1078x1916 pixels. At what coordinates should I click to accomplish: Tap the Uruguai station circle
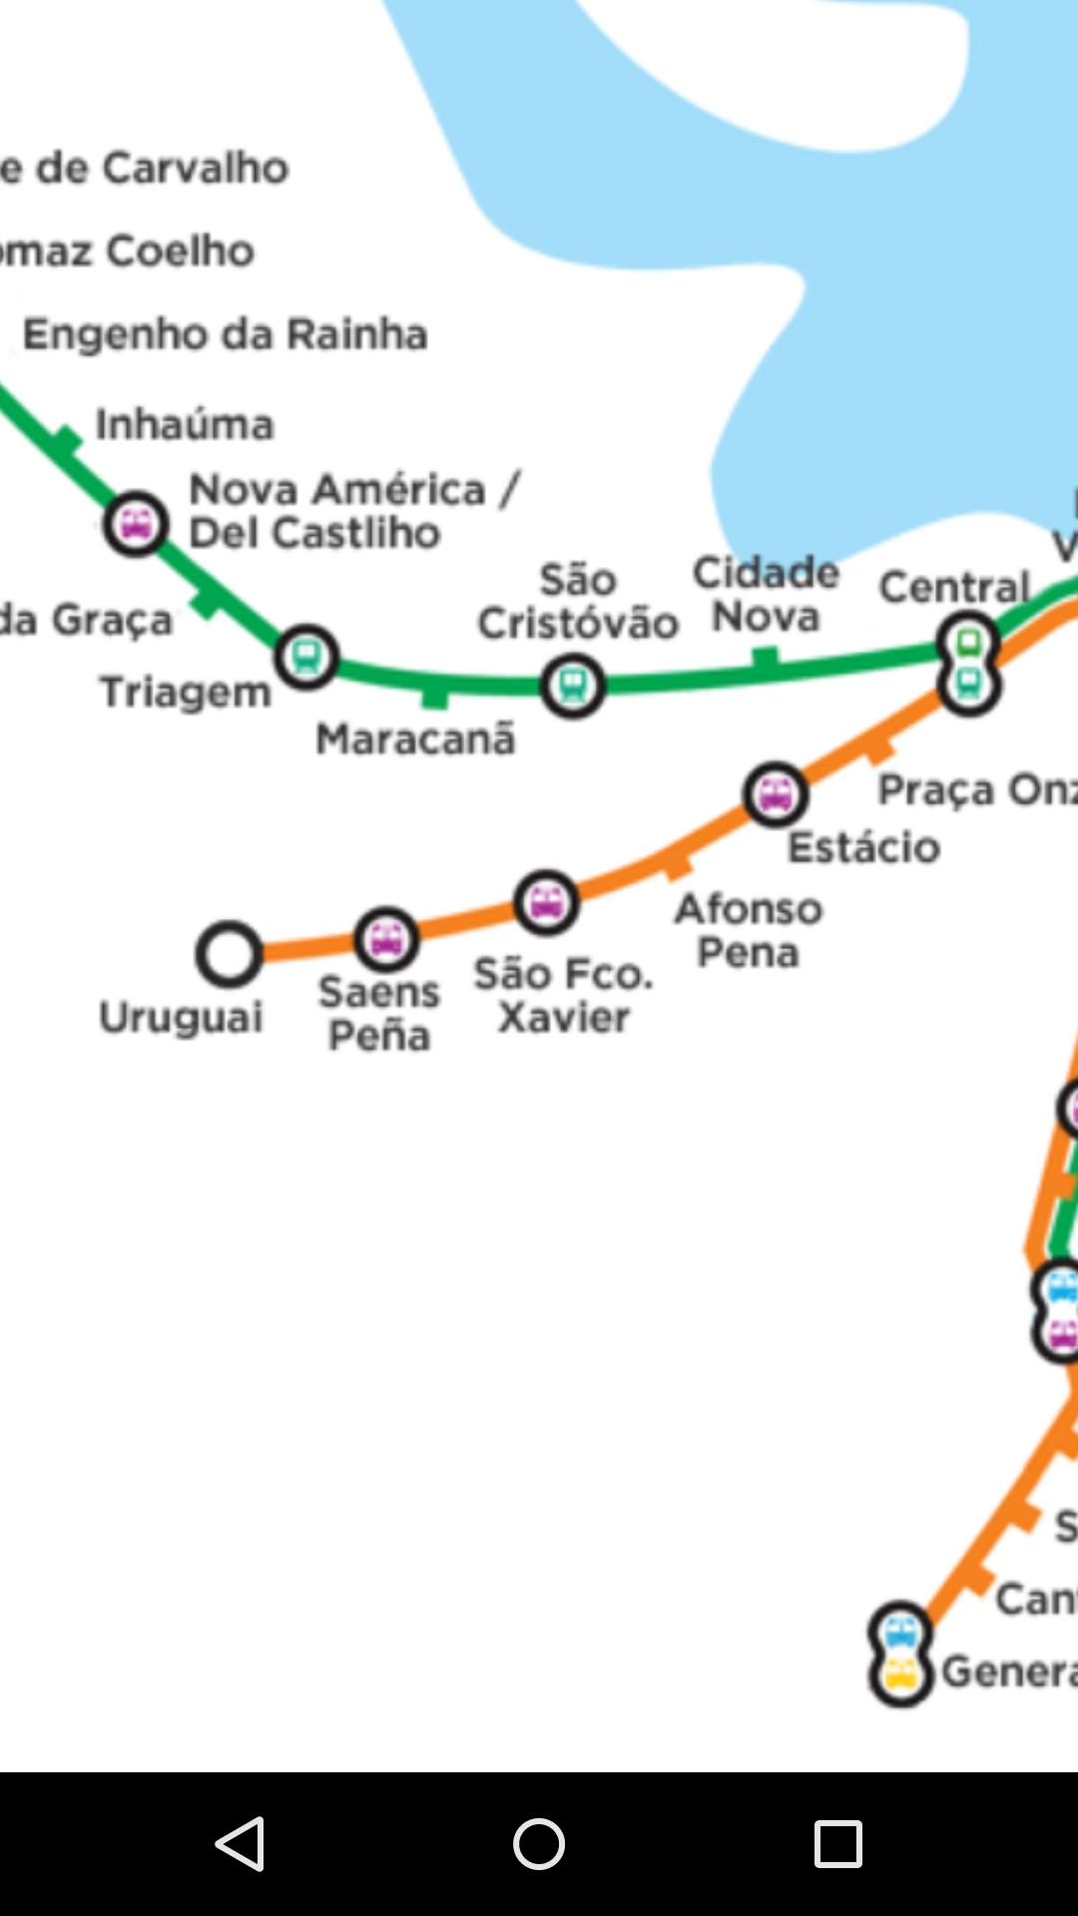(x=229, y=954)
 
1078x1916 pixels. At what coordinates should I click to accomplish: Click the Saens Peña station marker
(x=386, y=939)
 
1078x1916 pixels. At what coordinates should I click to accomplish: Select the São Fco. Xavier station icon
(x=546, y=903)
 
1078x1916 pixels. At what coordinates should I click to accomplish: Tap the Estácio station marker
(x=776, y=794)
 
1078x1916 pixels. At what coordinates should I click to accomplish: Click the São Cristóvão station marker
(x=572, y=686)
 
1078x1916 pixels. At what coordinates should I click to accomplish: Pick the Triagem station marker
(x=306, y=657)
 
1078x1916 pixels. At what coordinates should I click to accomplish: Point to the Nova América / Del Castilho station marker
(x=136, y=523)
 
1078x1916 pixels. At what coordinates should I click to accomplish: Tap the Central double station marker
(x=968, y=664)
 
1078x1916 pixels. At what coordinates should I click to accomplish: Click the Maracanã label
(x=415, y=739)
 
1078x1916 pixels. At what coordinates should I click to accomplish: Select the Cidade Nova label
(x=766, y=595)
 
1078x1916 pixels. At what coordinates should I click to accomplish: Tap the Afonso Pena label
(x=749, y=930)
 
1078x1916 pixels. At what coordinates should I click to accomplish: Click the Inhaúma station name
(x=185, y=424)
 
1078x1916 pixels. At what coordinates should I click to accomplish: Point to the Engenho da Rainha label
(x=226, y=334)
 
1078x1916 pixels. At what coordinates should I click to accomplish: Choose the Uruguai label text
(x=181, y=1018)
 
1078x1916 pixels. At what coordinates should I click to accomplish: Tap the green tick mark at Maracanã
(x=434, y=695)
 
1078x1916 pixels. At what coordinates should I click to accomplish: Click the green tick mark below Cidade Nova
(x=765, y=659)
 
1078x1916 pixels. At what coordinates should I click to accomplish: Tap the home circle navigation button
(x=539, y=1843)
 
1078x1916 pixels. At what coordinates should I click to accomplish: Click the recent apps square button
(x=837, y=1843)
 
